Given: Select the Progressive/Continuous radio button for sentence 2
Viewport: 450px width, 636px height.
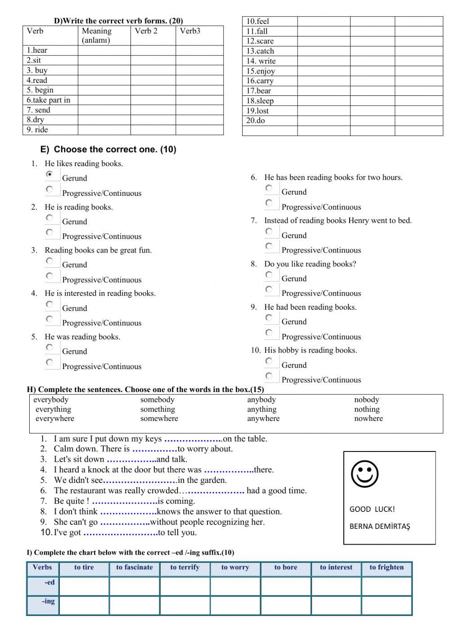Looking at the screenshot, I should (x=49, y=232).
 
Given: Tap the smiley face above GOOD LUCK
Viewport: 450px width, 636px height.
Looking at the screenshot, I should (x=364, y=474).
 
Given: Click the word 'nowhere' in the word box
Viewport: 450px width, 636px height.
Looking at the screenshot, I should (x=368, y=418).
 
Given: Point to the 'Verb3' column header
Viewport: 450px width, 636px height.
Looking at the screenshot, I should (x=190, y=31).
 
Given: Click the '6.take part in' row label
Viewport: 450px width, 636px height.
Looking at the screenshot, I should (x=48, y=100).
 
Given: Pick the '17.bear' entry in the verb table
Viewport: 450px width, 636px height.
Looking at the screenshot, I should (x=259, y=90).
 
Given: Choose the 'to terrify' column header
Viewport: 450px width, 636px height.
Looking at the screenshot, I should (x=184, y=567).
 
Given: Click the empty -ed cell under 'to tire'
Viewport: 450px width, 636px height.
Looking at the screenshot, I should (x=84, y=586).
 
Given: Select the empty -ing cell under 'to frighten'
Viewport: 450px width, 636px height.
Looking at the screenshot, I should (x=387, y=605).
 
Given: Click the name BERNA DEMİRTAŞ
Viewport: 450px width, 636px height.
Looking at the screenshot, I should (x=380, y=526).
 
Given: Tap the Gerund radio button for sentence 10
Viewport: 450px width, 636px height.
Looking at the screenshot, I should (x=269, y=361).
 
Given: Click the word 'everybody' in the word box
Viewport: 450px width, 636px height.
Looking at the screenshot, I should (x=51, y=399).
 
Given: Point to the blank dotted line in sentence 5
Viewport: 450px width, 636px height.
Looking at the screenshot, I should (x=140, y=480).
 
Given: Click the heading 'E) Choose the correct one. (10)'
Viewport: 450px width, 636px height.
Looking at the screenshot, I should (x=108, y=149).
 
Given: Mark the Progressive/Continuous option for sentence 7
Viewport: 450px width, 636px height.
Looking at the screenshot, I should (x=269, y=246).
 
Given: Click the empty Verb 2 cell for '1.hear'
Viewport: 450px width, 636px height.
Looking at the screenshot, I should (x=153, y=50).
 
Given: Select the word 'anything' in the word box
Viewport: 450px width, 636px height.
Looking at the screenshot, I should (x=261, y=409).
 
